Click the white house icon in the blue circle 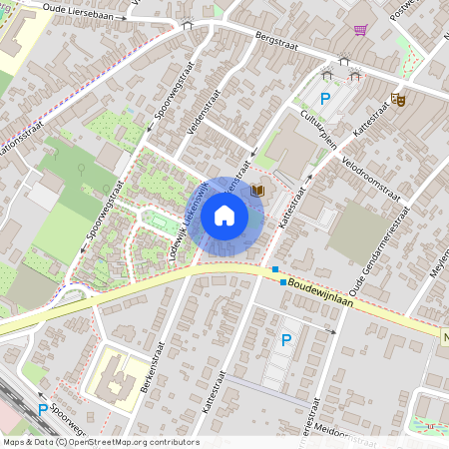224,215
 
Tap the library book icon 257,190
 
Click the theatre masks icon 398,99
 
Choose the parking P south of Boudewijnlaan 286,341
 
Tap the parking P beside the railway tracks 43,409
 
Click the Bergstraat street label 249,34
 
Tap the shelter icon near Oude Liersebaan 186,26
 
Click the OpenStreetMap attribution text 100,442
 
